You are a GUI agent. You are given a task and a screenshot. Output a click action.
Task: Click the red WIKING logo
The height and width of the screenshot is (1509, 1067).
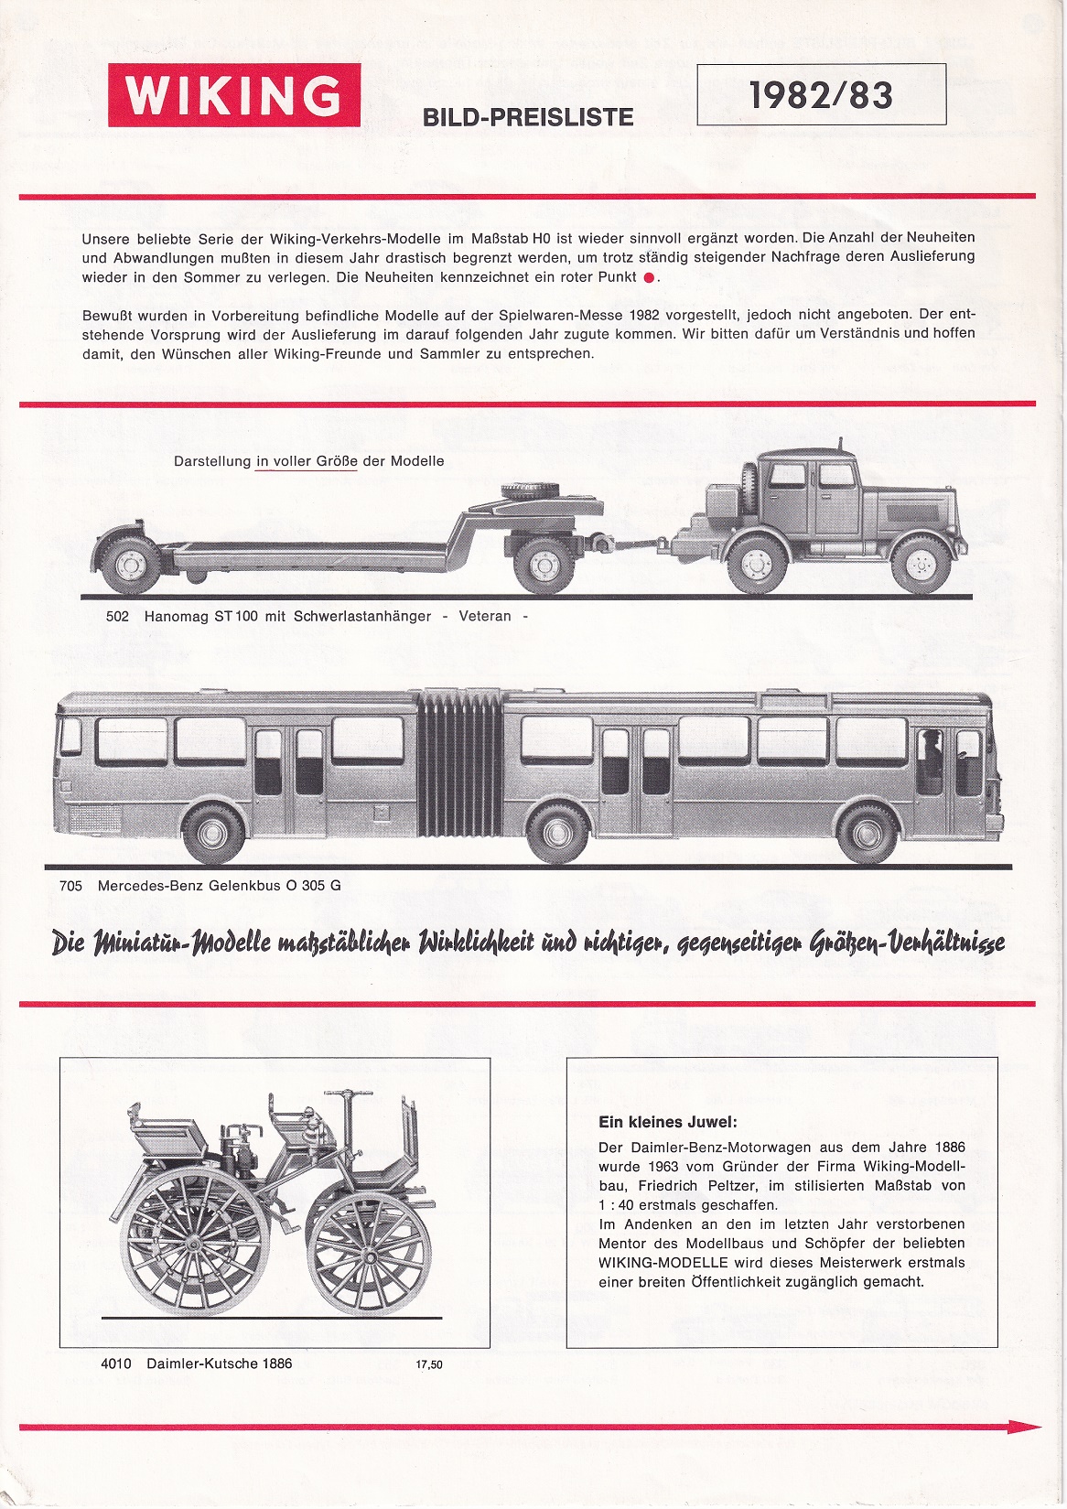pos(234,95)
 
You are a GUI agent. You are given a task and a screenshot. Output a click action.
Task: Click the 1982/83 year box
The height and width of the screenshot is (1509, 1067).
pos(821,94)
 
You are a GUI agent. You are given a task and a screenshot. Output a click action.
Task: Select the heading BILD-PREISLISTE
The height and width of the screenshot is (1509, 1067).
pos(527,117)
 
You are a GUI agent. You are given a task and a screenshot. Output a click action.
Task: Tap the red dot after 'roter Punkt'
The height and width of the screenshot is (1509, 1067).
pos(650,277)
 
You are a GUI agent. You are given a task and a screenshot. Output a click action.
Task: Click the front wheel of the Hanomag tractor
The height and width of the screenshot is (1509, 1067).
pos(921,564)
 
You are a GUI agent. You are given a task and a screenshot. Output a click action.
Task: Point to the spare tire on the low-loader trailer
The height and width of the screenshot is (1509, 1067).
pos(527,491)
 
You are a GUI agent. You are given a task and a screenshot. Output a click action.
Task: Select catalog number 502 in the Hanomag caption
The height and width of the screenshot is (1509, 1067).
pos(117,617)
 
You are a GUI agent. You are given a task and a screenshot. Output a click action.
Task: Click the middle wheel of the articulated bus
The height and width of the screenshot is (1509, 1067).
pos(558,834)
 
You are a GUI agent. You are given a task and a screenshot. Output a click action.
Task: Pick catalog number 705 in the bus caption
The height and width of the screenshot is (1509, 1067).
pos(70,886)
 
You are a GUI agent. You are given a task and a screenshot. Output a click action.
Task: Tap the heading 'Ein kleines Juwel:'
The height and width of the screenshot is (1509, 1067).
pos(667,1122)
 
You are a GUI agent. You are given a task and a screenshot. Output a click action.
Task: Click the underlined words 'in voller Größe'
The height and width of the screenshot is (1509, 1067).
pos(307,462)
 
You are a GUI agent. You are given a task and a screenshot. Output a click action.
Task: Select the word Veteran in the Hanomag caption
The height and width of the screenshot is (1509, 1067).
pos(485,617)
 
